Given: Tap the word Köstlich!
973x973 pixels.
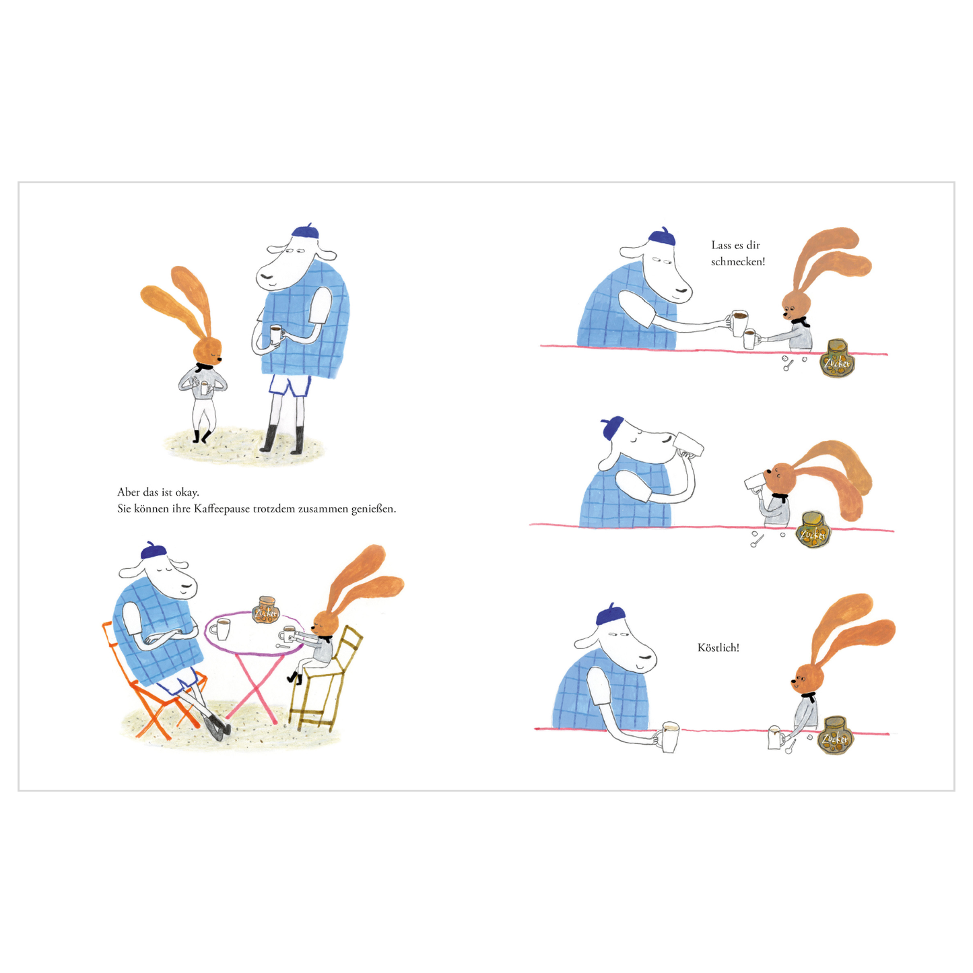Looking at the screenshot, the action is click(x=718, y=648).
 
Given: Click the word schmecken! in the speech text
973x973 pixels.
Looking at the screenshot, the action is click(x=738, y=261).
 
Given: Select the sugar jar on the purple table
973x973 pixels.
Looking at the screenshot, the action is click(x=265, y=610).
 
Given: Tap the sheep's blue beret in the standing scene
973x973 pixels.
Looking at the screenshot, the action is click(x=306, y=232).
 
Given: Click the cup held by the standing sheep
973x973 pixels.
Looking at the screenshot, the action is click(x=275, y=335).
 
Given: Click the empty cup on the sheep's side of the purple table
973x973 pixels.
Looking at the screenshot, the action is click(x=221, y=629).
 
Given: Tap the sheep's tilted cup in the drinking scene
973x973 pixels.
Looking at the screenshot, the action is click(x=690, y=444).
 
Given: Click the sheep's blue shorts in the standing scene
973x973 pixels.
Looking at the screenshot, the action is click(x=289, y=385).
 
